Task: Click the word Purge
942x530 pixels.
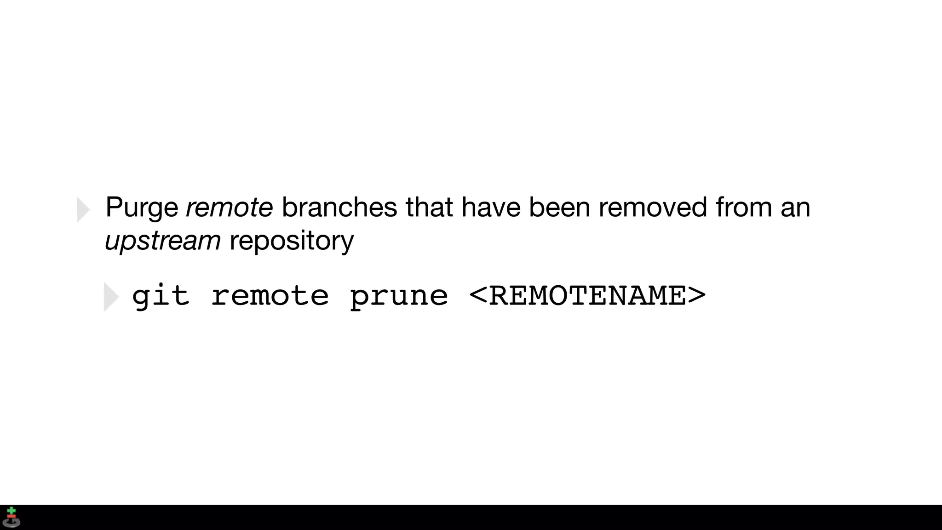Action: (142, 208)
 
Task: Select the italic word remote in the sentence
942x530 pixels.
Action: (229, 207)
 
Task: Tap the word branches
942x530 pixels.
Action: (339, 207)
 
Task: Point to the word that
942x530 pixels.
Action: (429, 207)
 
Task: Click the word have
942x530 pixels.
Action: (491, 207)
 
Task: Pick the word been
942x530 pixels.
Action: (559, 207)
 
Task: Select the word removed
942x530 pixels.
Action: (652, 207)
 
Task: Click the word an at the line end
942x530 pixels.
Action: (795, 208)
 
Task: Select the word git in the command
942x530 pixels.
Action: (161, 296)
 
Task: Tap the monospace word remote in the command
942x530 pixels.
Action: (270, 296)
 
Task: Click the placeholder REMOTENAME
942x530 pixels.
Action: (587, 296)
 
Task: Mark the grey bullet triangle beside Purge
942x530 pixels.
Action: (83, 210)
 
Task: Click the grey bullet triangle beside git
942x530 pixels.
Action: (111, 297)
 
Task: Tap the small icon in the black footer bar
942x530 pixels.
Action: (11, 517)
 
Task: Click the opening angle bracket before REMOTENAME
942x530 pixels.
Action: (478, 296)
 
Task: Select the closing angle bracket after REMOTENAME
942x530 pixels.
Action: (696, 296)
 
